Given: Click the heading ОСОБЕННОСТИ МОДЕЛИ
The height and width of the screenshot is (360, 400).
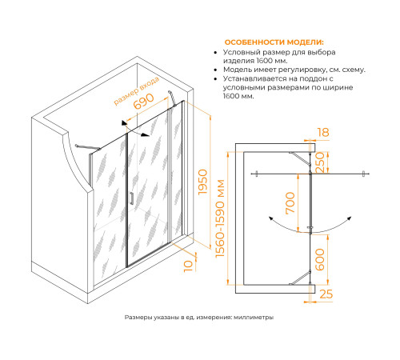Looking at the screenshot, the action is (274, 42).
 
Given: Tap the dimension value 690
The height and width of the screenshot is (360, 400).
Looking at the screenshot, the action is (144, 102).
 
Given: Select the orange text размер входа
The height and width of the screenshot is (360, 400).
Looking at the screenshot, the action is (136, 90).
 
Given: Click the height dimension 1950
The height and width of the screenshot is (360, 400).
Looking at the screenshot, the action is (202, 182).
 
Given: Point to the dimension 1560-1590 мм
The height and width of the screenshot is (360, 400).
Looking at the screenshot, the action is (221, 218).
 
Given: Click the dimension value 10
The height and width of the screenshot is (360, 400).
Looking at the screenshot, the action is (188, 266).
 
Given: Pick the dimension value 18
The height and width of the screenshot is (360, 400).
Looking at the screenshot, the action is (323, 132).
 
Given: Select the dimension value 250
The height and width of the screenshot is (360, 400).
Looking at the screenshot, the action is (320, 162).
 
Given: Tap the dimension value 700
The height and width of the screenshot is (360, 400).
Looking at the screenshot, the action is (290, 203).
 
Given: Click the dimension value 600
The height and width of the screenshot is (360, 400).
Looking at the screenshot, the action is (320, 259).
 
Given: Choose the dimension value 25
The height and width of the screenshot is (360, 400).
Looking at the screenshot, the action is (326, 294).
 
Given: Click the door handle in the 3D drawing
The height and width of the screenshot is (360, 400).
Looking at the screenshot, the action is (132, 198).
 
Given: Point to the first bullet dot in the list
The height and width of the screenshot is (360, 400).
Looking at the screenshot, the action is (215, 53).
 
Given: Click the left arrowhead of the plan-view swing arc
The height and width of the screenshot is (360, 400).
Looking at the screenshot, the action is (270, 218).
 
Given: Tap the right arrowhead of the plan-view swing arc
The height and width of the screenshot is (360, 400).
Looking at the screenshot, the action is (350, 218).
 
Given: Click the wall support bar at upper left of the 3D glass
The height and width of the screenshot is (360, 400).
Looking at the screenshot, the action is (87, 147).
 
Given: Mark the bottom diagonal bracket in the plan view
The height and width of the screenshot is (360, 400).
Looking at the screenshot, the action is (300, 278).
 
